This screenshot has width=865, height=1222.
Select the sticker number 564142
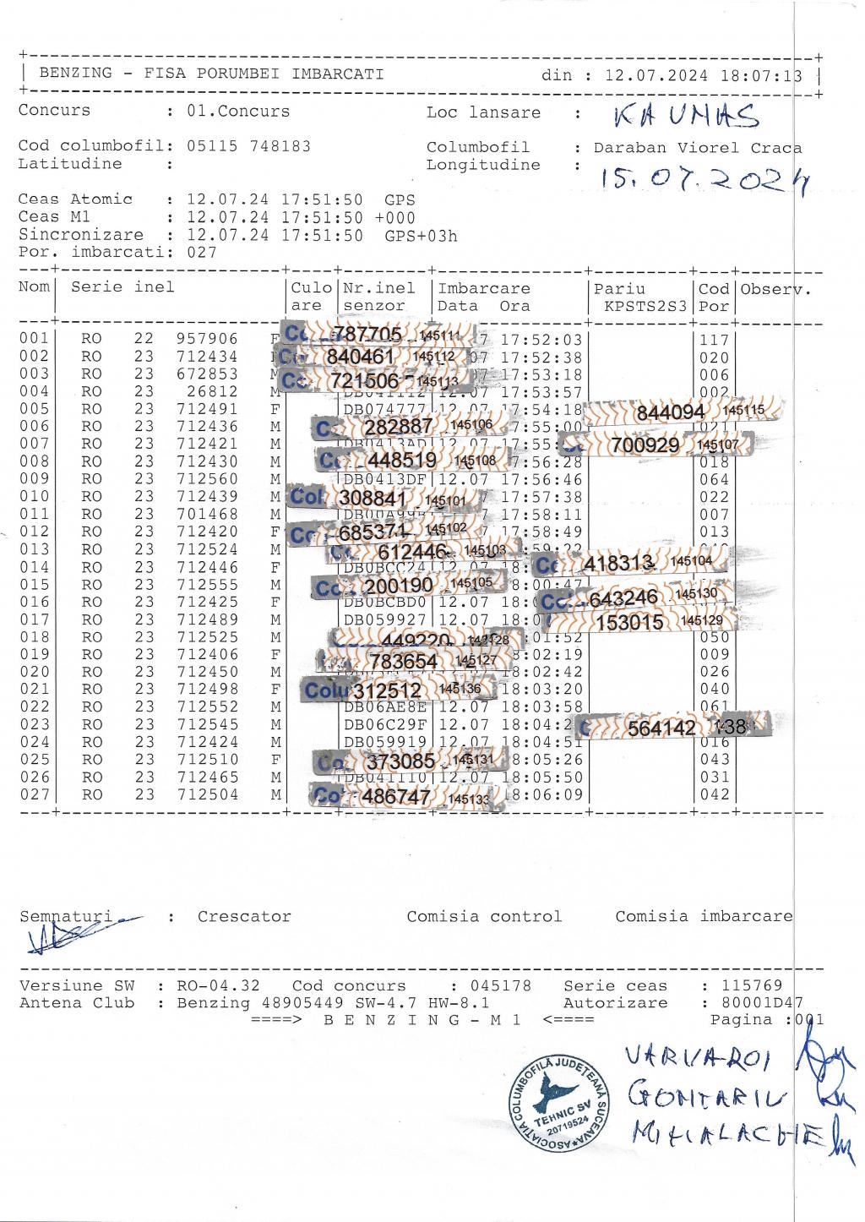(x=662, y=728)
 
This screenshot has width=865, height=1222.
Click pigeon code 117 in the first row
(x=714, y=340)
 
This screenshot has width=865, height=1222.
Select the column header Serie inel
(x=122, y=286)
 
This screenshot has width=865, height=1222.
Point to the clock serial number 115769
(x=752, y=985)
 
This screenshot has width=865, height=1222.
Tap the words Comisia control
(x=484, y=916)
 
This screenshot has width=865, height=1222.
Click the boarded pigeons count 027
(x=202, y=252)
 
